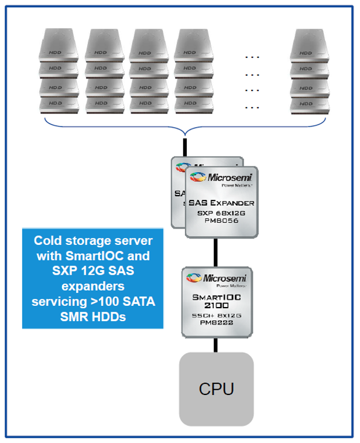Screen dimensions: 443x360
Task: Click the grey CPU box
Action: [x=216, y=389]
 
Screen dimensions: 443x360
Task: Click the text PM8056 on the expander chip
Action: [x=222, y=222]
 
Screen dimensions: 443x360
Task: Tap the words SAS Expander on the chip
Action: [x=222, y=203]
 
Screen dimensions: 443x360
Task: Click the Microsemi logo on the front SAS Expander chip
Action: [x=222, y=178]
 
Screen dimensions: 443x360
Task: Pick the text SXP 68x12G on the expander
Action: [x=222, y=213]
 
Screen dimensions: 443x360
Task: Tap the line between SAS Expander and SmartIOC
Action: [x=215, y=252]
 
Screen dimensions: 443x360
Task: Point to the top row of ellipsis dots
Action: [x=252, y=57]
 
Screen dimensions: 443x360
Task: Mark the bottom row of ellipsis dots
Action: [x=252, y=107]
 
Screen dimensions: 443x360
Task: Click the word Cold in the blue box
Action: [x=46, y=241]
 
